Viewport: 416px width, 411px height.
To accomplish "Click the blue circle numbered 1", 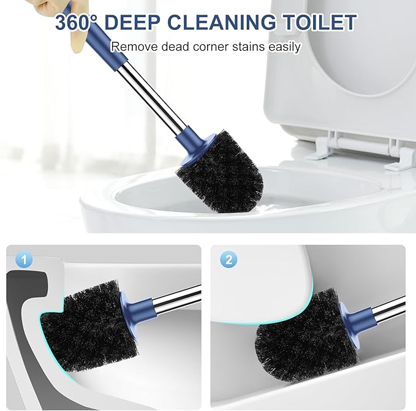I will pos(24,260).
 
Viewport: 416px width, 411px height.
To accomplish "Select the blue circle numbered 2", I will pos(229,260).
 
